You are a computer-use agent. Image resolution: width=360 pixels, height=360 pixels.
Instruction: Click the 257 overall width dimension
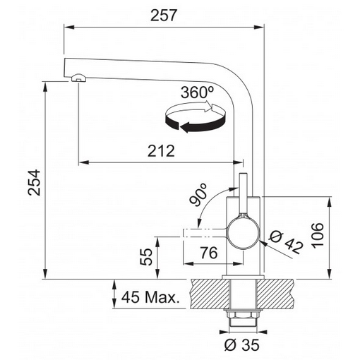(x=163, y=16)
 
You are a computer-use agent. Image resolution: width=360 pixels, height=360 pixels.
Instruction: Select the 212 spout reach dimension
(x=161, y=151)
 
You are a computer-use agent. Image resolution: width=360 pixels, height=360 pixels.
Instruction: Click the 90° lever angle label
(x=198, y=194)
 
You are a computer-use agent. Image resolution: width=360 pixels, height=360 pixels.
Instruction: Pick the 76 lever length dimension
(x=209, y=253)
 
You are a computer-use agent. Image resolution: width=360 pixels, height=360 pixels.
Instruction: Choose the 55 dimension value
(x=146, y=257)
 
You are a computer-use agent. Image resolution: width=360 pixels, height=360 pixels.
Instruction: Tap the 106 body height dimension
(x=318, y=235)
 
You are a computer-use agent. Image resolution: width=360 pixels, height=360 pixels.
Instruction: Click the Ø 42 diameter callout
(x=287, y=242)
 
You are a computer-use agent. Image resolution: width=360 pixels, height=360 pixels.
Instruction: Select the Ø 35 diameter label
(x=241, y=345)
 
